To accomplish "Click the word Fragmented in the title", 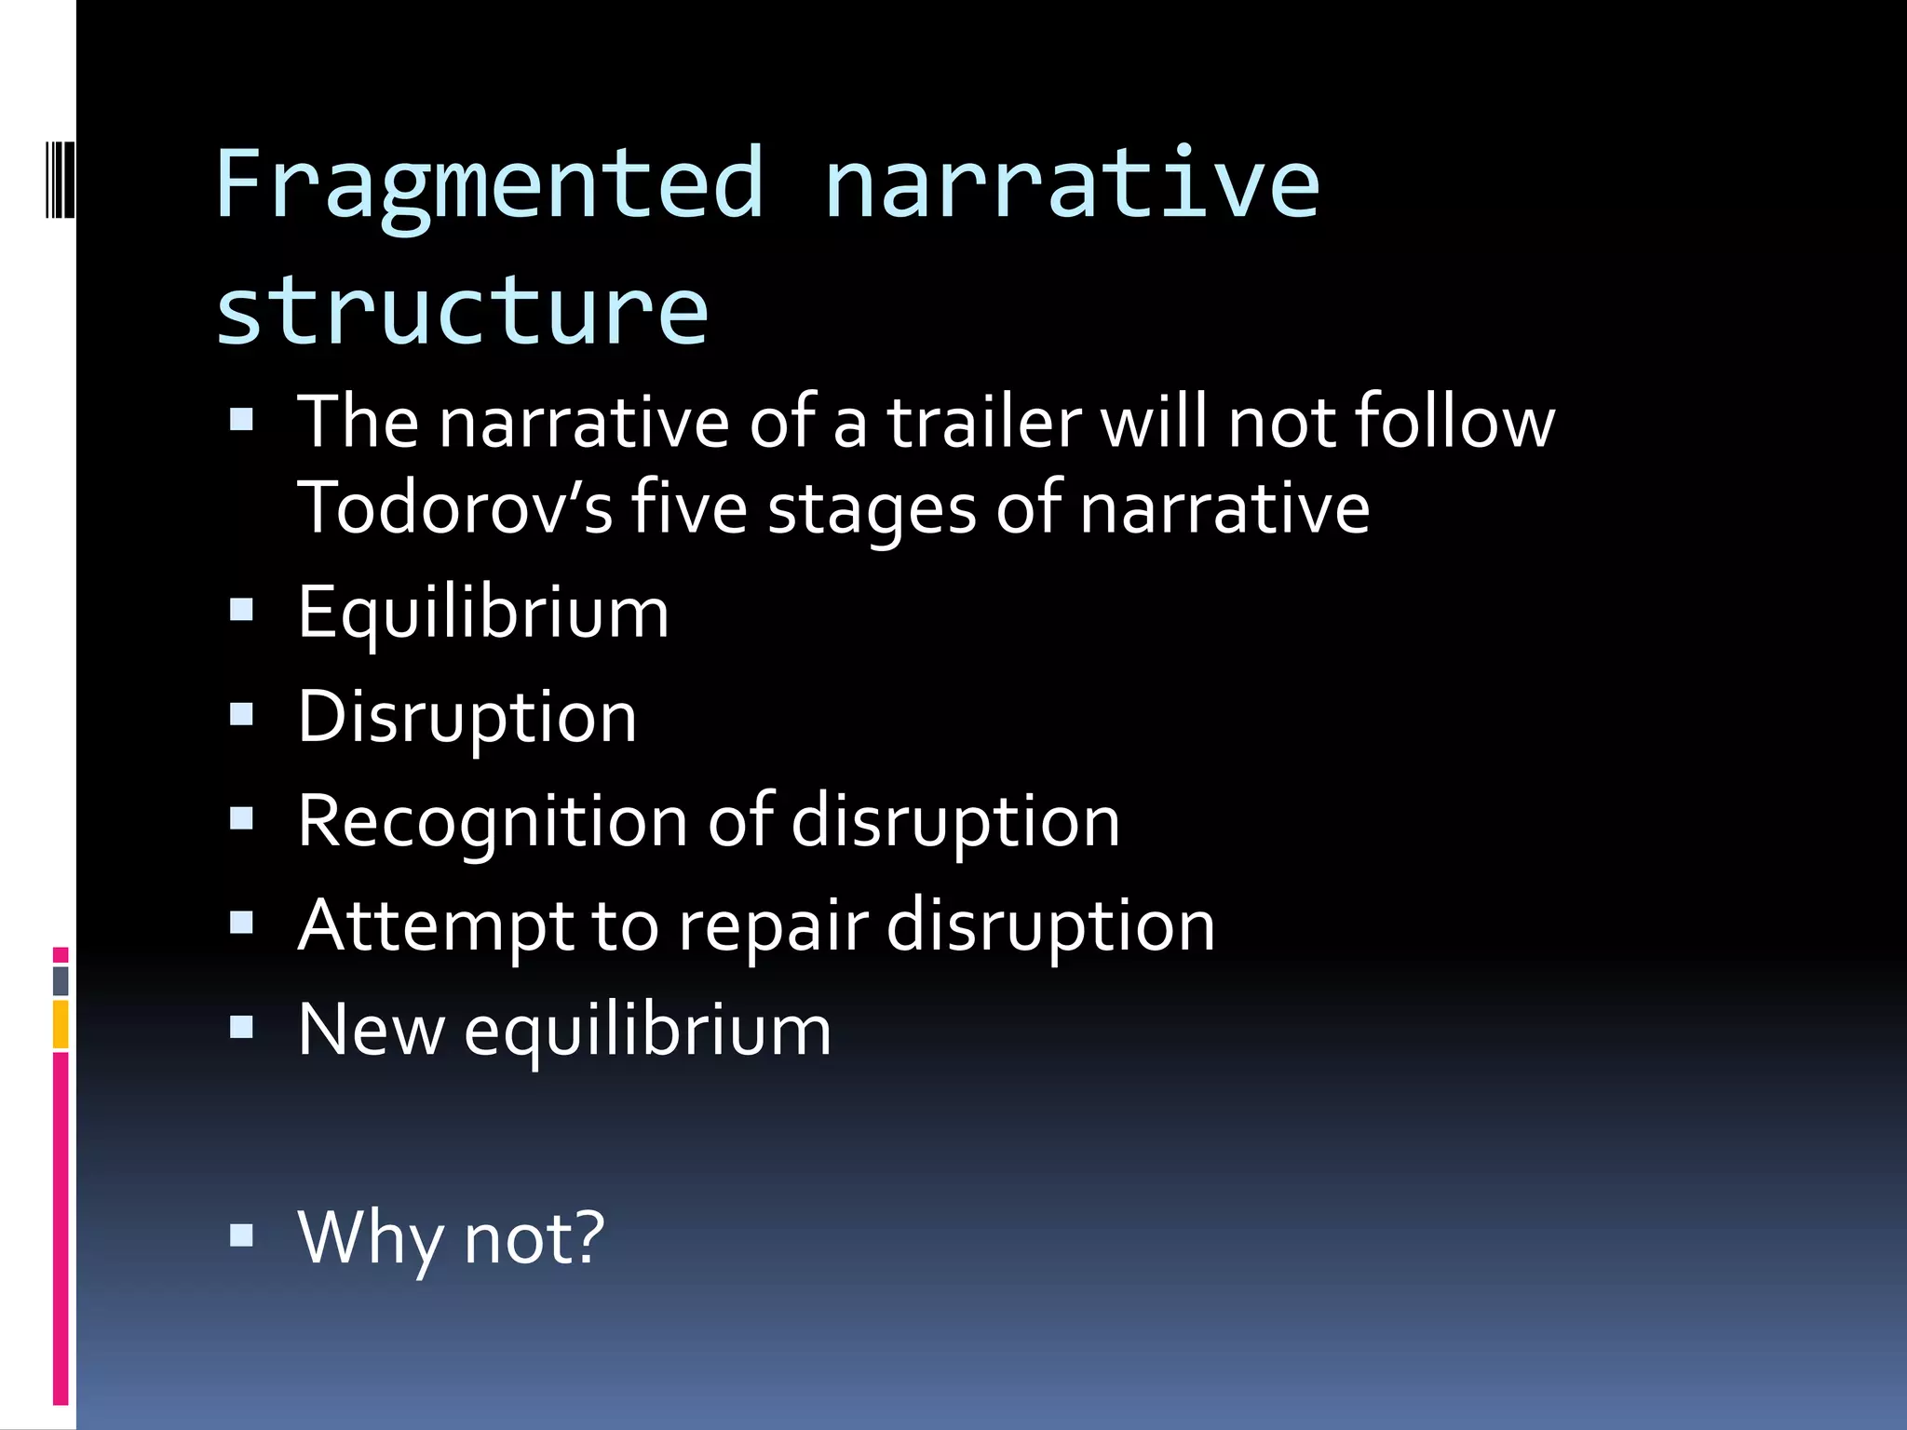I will tap(490, 184).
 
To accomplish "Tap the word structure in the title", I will tap(462, 309).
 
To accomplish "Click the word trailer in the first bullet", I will tap(984, 422).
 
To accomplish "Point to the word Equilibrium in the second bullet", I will tap(483, 614).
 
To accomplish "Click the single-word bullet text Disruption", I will tap(467, 718).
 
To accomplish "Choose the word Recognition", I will tap(493, 822).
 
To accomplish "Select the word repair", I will tap(773, 926).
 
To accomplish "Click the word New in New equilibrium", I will tap(371, 1031).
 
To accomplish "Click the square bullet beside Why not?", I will tap(242, 1235).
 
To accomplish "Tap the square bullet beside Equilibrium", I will tap(242, 610).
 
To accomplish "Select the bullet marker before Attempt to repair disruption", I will tap(242, 923).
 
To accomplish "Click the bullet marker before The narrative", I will tap(242, 419).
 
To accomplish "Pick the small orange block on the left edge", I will tap(61, 1024).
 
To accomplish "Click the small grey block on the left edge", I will tap(61, 980).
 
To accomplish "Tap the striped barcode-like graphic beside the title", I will tap(61, 179).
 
